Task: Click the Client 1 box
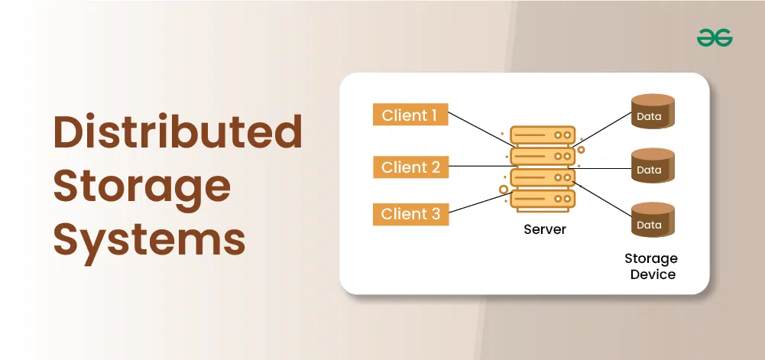410,115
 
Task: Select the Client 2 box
410,167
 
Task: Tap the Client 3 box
410,214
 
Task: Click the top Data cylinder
653,112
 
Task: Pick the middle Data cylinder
653,165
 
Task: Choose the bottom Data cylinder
653,219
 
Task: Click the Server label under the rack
545,229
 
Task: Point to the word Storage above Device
651,258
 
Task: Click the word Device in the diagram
653,274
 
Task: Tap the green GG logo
715,37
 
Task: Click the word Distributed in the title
177,131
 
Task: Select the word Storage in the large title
142,187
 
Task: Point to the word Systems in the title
149,240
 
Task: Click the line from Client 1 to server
480,129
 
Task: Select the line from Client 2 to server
480,167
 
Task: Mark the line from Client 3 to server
480,203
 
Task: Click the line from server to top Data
603,129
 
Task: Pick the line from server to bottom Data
603,199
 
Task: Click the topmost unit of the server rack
543,135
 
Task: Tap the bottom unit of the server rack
543,199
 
